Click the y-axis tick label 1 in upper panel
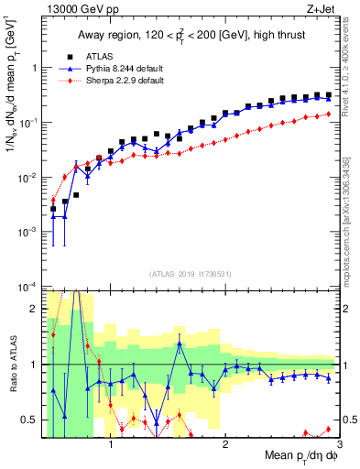click(35, 68)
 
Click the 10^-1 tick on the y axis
click(29, 122)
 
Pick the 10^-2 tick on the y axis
click(29, 177)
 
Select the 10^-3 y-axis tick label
click(29, 232)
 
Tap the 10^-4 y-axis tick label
click(29, 287)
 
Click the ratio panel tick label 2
click(35, 309)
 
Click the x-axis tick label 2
click(225, 446)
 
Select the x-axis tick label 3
click(339, 446)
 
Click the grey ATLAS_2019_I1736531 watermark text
click(191, 273)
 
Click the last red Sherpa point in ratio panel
click(329, 429)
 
